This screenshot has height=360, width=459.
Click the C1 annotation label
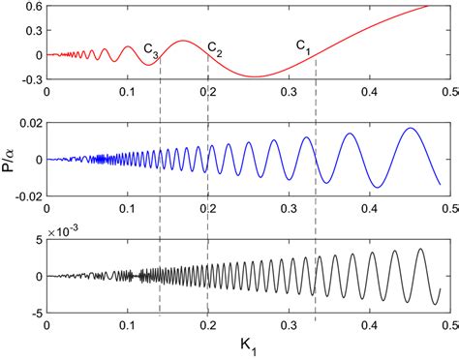pyautogui.click(x=303, y=45)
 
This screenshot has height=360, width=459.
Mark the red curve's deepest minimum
pyautogui.click(x=255, y=76)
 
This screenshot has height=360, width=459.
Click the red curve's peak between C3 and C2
pyautogui.click(x=182, y=41)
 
